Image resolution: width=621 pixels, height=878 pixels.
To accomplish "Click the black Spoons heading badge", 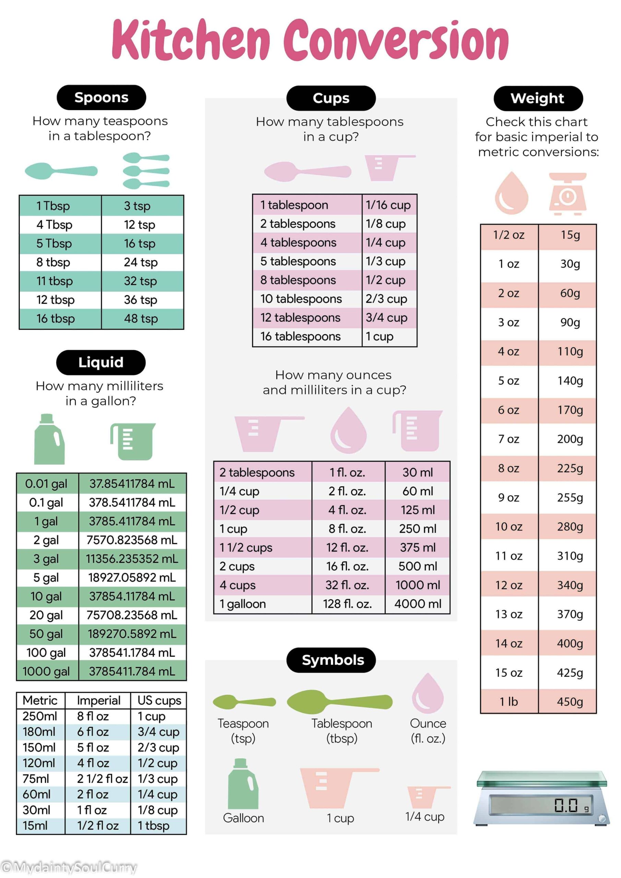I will click(101, 97).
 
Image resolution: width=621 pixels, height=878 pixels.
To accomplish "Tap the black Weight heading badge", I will click(538, 98).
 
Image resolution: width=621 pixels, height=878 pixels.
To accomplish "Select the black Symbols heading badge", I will click(331, 660).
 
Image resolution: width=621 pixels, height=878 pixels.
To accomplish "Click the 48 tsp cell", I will click(141, 319).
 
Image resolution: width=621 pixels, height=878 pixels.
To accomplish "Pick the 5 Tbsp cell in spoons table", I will click(54, 244).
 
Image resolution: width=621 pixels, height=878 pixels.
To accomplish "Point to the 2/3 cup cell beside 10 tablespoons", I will click(386, 299).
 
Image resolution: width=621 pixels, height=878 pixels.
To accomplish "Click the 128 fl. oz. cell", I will click(347, 604).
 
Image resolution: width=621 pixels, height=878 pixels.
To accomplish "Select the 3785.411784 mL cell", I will click(132, 521).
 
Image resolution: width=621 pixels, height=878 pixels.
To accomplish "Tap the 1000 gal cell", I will click(46, 671).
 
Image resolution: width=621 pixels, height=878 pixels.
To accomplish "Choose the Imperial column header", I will click(98, 701).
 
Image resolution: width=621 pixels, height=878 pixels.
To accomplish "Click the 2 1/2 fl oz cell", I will click(102, 779).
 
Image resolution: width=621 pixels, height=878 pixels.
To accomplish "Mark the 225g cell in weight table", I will click(570, 468).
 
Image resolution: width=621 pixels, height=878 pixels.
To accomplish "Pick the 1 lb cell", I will click(509, 702).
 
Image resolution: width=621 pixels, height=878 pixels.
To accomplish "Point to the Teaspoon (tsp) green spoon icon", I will click(243, 702).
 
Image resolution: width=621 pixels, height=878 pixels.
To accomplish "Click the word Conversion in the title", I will click(396, 40).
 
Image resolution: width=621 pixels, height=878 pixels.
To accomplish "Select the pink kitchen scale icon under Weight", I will click(568, 193).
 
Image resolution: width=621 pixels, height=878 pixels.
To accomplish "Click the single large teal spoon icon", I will click(61, 170).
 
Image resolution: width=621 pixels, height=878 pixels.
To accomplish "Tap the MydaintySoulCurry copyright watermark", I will click(69, 867).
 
